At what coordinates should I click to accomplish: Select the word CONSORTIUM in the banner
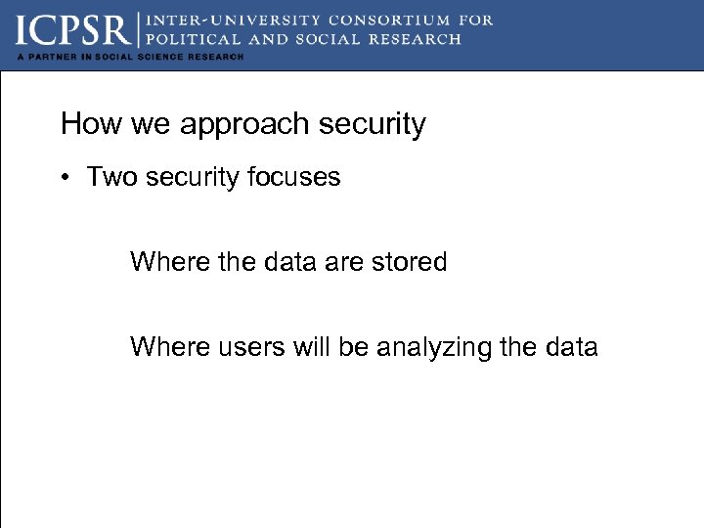tap(377, 20)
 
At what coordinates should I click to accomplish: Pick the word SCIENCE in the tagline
tap(160, 57)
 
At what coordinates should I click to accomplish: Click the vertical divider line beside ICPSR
tap(139, 29)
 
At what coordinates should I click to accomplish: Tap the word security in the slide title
tap(372, 125)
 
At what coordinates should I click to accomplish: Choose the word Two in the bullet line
tap(109, 177)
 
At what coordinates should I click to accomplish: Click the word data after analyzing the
tap(568, 347)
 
